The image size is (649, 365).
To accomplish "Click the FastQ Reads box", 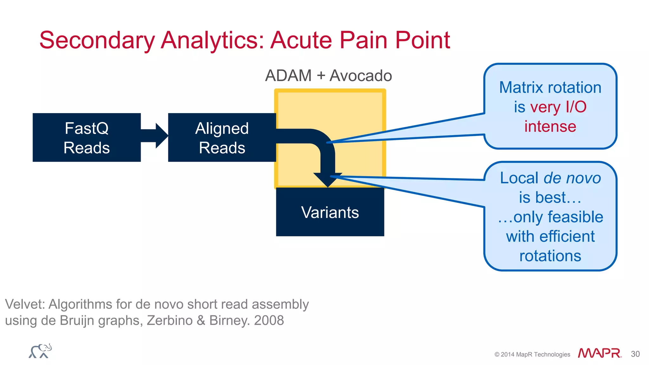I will (87, 138).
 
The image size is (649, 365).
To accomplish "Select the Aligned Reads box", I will (222, 138).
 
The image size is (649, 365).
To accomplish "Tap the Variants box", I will (330, 212).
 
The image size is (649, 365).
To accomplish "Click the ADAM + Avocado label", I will (328, 76).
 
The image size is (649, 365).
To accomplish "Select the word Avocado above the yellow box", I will (361, 76).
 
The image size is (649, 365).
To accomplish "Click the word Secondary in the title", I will (97, 40).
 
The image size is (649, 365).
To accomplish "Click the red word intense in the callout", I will (550, 126).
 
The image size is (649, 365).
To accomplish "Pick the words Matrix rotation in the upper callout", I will (550, 87).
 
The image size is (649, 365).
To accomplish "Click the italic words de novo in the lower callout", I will (572, 178).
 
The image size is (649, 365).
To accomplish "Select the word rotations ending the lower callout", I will (550, 256).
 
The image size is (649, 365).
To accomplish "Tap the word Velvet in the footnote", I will (25, 304).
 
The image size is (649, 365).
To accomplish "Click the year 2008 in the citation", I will (269, 320).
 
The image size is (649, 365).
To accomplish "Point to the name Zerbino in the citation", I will (170, 320).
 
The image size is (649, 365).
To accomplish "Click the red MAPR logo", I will (599, 353).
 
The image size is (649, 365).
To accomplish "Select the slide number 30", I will (635, 354).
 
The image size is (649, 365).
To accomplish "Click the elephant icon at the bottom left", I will (40, 351).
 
